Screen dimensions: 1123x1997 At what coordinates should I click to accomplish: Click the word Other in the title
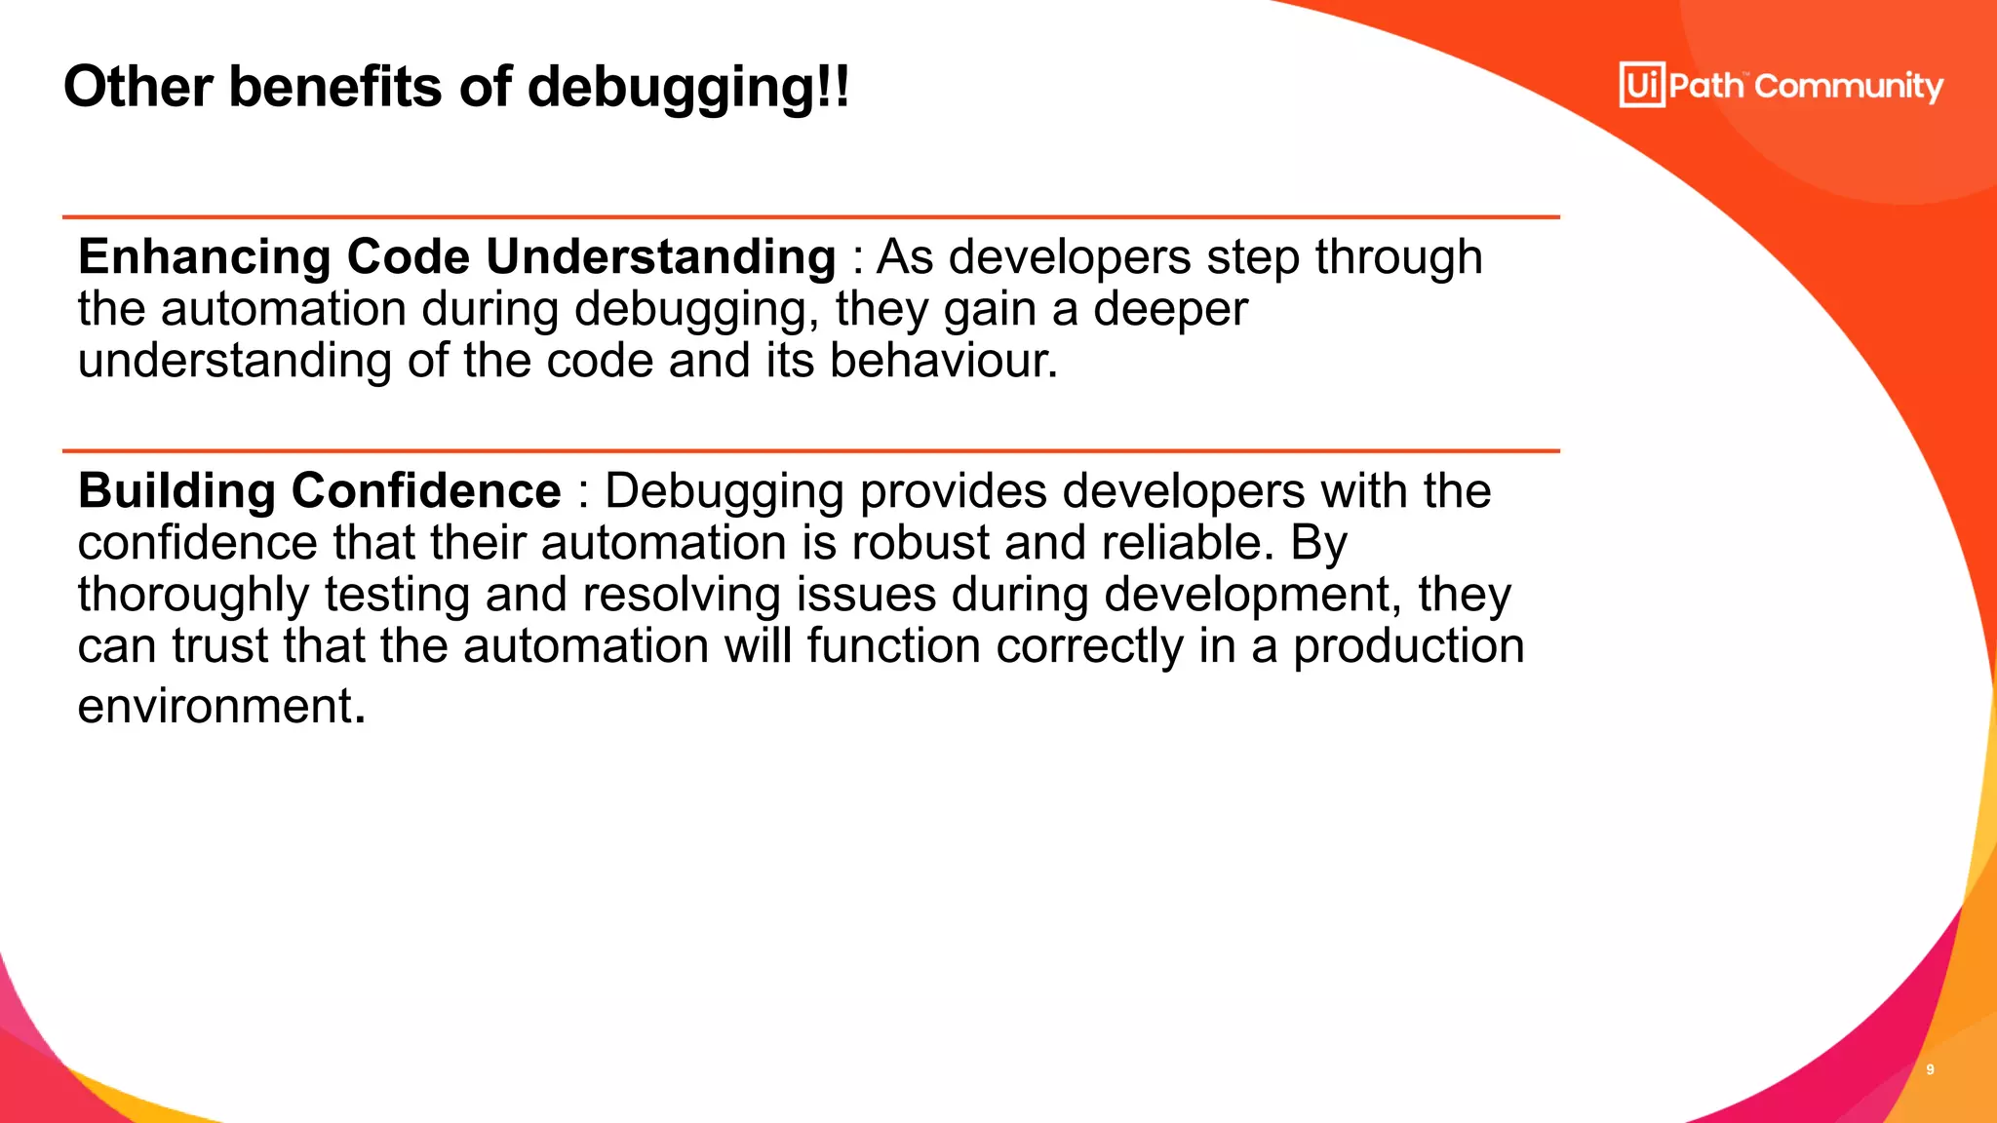[137, 87]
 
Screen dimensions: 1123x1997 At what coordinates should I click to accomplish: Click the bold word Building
[176, 490]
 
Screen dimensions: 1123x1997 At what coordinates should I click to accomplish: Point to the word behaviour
[943, 361]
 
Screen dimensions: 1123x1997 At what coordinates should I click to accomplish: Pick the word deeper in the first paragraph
[1169, 309]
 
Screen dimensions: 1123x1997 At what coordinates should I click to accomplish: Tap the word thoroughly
[192, 596]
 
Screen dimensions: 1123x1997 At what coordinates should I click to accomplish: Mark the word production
[1408, 646]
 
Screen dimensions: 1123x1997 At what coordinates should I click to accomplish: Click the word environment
[215, 706]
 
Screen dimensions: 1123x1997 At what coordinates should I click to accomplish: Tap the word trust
[219, 646]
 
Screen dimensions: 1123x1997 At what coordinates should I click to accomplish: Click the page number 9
[1930, 1069]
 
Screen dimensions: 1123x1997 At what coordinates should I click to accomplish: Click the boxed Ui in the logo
[1642, 85]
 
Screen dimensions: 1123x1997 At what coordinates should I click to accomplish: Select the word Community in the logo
[1849, 87]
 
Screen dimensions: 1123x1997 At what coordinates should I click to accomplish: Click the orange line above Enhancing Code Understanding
[810, 217]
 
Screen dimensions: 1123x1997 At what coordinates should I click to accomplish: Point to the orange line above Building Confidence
[810, 451]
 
